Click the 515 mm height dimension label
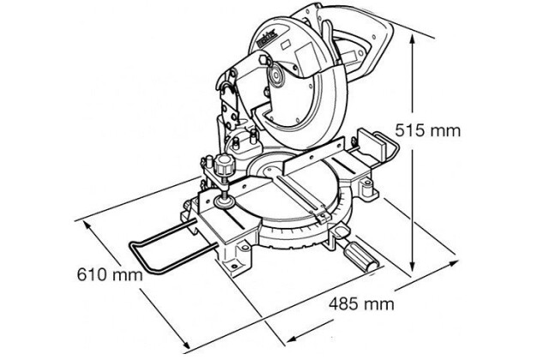[x=428, y=131]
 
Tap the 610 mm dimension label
[x=110, y=274]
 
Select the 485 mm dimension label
[x=361, y=303]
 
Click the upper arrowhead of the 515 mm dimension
[x=413, y=40]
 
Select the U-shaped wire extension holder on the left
[x=166, y=246]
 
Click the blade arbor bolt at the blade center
[x=276, y=77]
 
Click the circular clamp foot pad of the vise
[x=224, y=202]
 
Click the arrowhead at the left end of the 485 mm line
[x=293, y=339]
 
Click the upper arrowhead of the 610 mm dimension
[x=87, y=226]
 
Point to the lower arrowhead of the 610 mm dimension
[x=184, y=345]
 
